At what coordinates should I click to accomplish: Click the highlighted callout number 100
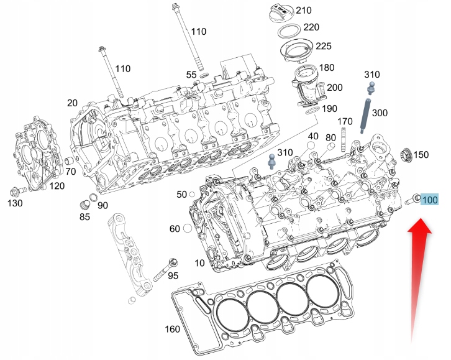(429, 200)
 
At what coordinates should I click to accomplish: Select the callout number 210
(303, 11)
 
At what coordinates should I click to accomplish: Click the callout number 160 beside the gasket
(172, 329)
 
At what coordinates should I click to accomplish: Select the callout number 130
(14, 203)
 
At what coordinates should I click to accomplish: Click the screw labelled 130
(17, 190)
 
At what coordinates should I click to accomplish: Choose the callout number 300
(379, 113)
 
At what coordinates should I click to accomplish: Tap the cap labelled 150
(406, 154)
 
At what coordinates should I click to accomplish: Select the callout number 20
(73, 103)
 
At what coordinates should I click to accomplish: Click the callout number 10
(199, 263)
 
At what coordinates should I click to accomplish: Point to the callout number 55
(192, 75)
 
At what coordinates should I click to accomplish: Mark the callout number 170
(345, 121)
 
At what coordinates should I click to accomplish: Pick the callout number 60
(175, 229)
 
